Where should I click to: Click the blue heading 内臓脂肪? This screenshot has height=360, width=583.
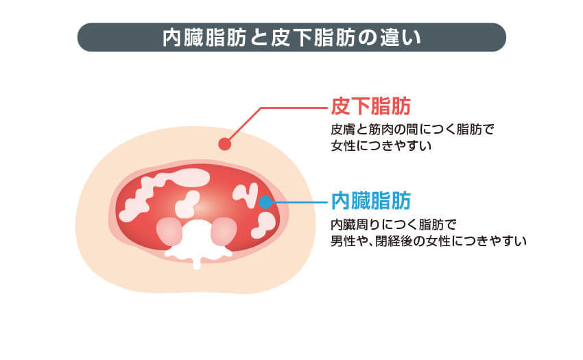[370, 200]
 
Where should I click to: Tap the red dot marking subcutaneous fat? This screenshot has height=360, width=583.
[223, 143]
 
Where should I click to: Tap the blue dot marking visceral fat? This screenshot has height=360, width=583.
[265, 202]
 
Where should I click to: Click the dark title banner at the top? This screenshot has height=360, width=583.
[291, 37]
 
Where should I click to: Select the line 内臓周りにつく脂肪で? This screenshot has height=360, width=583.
[393, 224]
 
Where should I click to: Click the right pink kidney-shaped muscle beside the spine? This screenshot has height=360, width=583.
[222, 231]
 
